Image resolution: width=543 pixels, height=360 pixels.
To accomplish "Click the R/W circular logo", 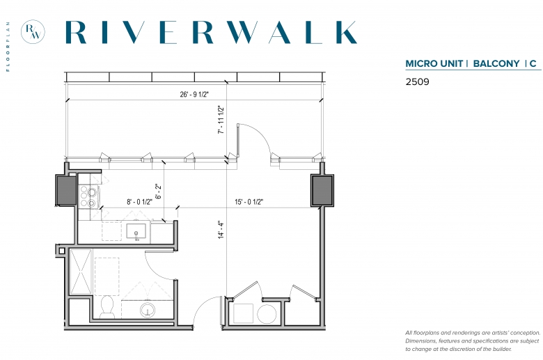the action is coord(33,32).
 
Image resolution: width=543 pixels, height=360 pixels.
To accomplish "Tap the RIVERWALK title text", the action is coord(211,32).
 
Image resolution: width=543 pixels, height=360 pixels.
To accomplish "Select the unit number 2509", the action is coord(417,81).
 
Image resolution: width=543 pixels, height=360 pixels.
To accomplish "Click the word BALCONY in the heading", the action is coord(496,64).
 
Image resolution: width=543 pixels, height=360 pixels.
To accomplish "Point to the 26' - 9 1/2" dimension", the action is coord(194,94).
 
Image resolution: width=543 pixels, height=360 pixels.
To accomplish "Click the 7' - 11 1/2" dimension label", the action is coord(221,120).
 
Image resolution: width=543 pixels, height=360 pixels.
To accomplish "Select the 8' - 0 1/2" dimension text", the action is coord(139,202).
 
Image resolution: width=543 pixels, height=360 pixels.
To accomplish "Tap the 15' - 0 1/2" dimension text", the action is coord(249,202).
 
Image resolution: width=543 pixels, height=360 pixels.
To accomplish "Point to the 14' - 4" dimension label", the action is coord(221,230).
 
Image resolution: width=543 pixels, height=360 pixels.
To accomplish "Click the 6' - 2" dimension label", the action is coord(158,191).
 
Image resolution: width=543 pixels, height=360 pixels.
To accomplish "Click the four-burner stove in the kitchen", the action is coord(88,197).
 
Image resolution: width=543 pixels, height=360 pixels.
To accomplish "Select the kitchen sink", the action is coord(136,231).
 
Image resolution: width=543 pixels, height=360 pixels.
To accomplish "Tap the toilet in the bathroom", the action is coord(107,306).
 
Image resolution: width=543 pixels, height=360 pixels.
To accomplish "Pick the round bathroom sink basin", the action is coord(148,310).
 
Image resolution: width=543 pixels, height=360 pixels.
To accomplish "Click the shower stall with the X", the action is coord(81,272).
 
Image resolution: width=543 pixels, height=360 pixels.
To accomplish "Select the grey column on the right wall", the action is coord(322,191).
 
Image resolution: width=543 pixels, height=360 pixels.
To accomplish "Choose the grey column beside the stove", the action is coord(66,190).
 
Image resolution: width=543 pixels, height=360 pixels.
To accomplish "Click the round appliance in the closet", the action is coord(267,314).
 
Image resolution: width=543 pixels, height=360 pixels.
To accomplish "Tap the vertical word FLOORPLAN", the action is coord(8,47).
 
